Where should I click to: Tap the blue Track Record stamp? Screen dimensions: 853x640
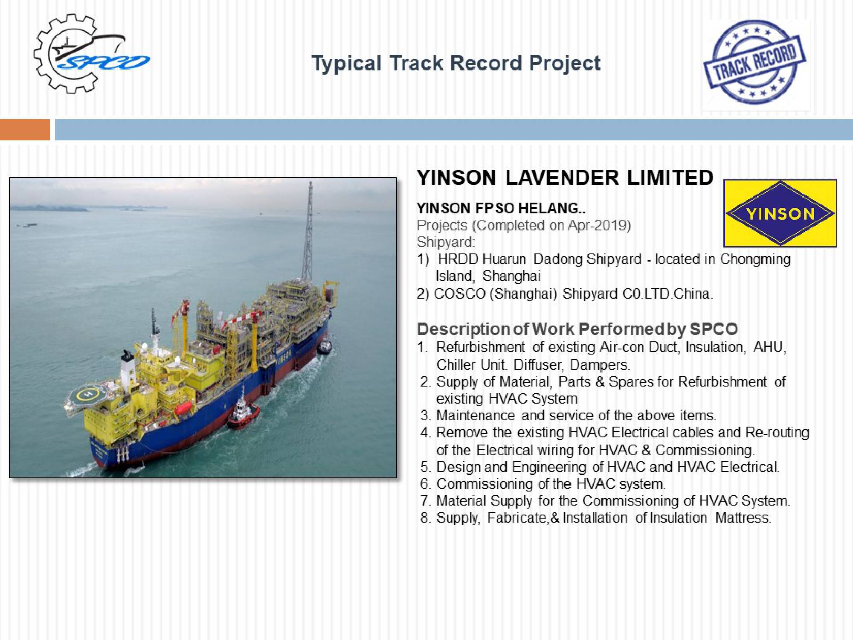tap(754, 62)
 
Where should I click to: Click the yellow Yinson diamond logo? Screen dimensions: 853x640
tap(780, 213)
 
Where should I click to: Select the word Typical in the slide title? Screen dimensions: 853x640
tap(347, 64)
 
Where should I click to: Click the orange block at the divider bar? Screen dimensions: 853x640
tap(25, 130)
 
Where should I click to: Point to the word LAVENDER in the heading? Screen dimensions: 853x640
tap(562, 177)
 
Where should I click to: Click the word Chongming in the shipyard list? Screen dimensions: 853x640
tap(755, 260)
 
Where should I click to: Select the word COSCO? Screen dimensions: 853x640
tap(460, 294)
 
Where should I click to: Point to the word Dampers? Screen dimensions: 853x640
tap(600, 365)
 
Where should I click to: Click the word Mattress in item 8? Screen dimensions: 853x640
tap(743, 518)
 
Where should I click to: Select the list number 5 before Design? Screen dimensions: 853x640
tap(425, 467)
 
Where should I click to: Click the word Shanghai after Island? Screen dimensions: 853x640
tap(511, 276)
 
